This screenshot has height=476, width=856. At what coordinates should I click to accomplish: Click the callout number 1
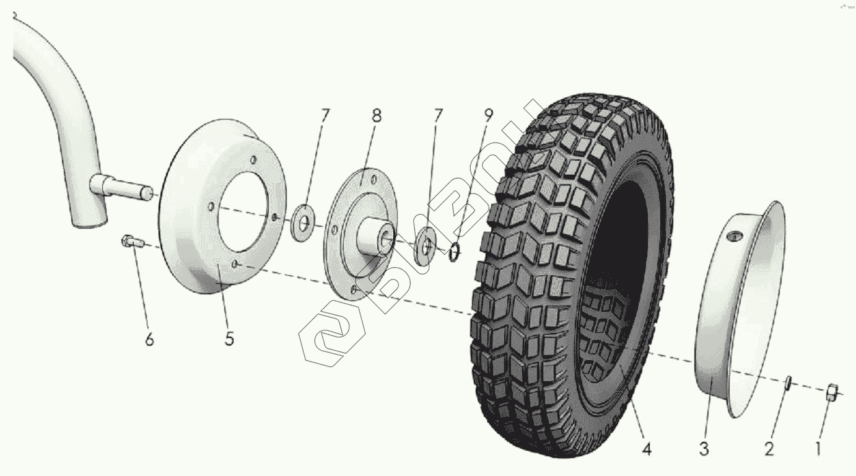818,448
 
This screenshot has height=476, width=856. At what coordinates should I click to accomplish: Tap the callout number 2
769,449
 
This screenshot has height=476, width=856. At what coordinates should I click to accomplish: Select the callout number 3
704,449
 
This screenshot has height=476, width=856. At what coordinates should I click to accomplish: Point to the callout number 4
646,449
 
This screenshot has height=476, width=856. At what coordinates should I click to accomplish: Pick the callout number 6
149,339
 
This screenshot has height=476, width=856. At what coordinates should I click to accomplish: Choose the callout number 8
377,116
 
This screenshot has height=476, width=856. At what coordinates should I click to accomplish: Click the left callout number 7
325,115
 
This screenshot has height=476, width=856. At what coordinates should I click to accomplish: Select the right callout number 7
438,115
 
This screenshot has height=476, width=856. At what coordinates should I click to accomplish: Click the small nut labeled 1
833,392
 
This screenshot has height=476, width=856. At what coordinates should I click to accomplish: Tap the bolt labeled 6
132,242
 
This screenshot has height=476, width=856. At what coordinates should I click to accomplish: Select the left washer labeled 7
304,220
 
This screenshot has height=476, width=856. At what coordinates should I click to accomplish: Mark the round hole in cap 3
735,236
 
